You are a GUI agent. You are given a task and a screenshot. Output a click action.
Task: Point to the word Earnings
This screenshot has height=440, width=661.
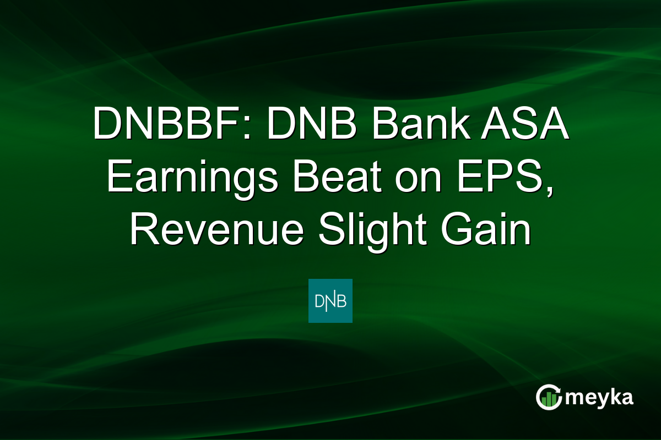tap(193, 179)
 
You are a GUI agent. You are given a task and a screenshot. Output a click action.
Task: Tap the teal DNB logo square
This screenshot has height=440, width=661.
tap(330, 301)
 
